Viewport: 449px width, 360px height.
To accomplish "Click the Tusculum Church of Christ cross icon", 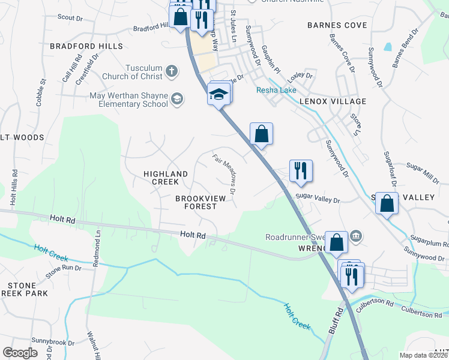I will click(x=171, y=71).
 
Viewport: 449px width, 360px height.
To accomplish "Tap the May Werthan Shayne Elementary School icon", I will click(x=177, y=99).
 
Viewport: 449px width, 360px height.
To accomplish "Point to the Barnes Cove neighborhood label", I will click(x=337, y=25).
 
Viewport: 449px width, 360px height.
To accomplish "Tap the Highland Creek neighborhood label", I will click(x=166, y=178).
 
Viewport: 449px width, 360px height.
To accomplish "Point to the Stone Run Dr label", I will click(x=62, y=269).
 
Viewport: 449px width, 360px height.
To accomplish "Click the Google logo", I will click(x=20, y=352).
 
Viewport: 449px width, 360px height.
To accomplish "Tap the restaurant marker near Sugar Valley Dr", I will click(x=300, y=170).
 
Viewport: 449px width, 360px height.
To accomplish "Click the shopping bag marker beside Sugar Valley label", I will click(x=387, y=203).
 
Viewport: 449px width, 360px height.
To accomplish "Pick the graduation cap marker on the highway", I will click(x=219, y=94).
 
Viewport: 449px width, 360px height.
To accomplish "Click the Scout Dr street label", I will click(x=70, y=18).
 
